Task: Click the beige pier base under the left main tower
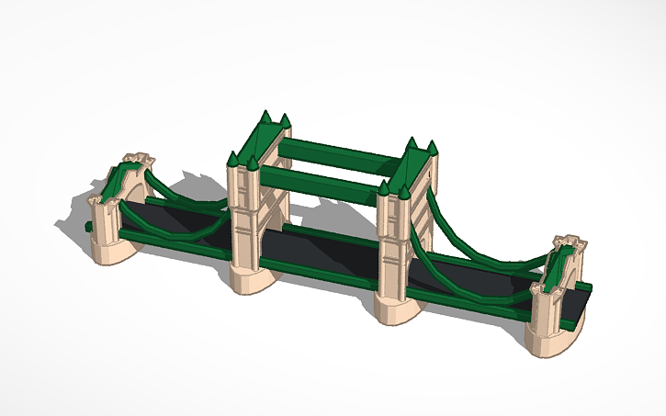click(x=245, y=279)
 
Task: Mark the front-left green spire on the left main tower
click(x=232, y=160)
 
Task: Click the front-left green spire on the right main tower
click(x=384, y=188)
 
